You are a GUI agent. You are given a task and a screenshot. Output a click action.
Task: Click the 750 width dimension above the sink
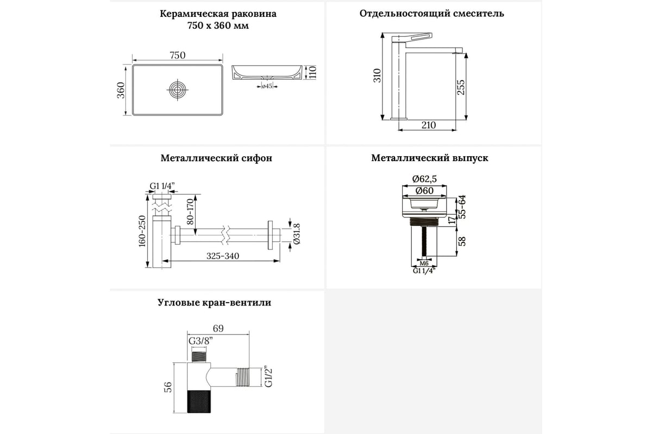pyautogui.click(x=178, y=55)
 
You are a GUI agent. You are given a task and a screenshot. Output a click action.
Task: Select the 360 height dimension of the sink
pyautogui.click(x=121, y=90)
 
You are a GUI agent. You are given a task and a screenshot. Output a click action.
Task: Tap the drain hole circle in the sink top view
pyautogui.click(x=178, y=90)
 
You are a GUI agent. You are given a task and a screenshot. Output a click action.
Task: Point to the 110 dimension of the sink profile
pyautogui.click(x=313, y=72)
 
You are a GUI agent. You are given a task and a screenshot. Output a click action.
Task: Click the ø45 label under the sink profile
pyautogui.click(x=266, y=86)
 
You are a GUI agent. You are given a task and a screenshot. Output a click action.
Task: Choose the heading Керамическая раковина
pyautogui.click(x=218, y=14)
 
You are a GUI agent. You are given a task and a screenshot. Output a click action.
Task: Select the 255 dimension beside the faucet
pyautogui.click(x=461, y=87)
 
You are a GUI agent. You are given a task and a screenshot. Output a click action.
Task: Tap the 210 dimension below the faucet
pyautogui.click(x=428, y=125)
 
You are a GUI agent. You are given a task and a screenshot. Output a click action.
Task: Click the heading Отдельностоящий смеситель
pyautogui.click(x=432, y=14)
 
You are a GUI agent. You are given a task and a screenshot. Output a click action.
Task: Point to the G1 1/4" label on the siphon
pyautogui.click(x=162, y=187)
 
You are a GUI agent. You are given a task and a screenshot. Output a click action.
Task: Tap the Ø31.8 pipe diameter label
pyautogui.click(x=296, y=234)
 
